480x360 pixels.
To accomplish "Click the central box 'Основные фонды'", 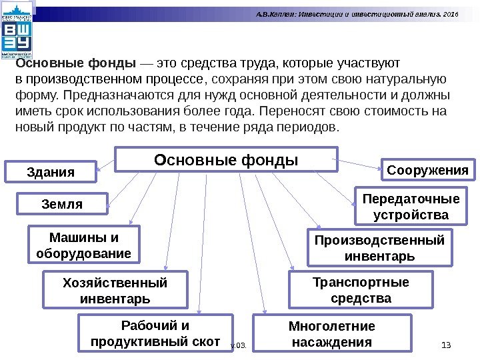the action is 226,160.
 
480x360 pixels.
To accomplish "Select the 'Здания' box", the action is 51,172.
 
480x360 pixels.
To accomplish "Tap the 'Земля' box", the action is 62,204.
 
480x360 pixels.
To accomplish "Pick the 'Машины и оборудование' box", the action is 83,245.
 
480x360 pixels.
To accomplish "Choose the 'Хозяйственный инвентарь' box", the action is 115,290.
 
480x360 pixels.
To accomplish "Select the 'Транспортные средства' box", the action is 361,290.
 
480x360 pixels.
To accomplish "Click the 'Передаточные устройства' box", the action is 411,207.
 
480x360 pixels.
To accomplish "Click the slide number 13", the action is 447,344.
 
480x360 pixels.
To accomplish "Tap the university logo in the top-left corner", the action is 16,31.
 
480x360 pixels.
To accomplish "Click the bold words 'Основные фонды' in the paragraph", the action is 76,63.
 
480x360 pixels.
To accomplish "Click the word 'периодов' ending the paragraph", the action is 309,126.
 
